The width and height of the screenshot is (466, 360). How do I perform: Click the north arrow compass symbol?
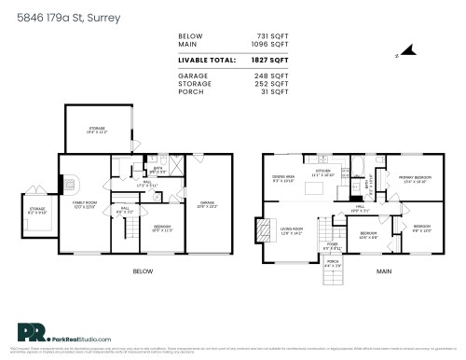pyautogui.click(x=403, y=54)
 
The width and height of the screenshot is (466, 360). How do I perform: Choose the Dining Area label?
pyautogui.click(x=283, y=177)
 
